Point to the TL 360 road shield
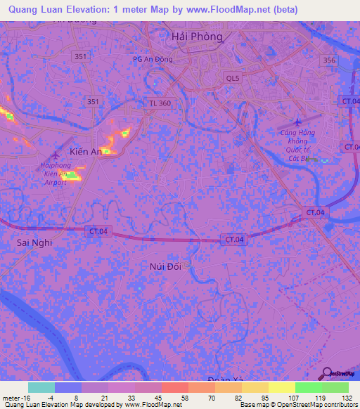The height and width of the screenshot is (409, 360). [x=159, y=103]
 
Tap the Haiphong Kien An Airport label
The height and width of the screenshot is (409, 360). [x=55, y=173]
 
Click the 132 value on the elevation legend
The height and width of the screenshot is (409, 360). [x=346, y=396]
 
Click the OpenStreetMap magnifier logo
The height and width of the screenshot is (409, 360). [x=325, y=374]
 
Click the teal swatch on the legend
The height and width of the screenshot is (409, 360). [x=41, y=387]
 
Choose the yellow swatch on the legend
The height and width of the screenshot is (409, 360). [x=281, y=387]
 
